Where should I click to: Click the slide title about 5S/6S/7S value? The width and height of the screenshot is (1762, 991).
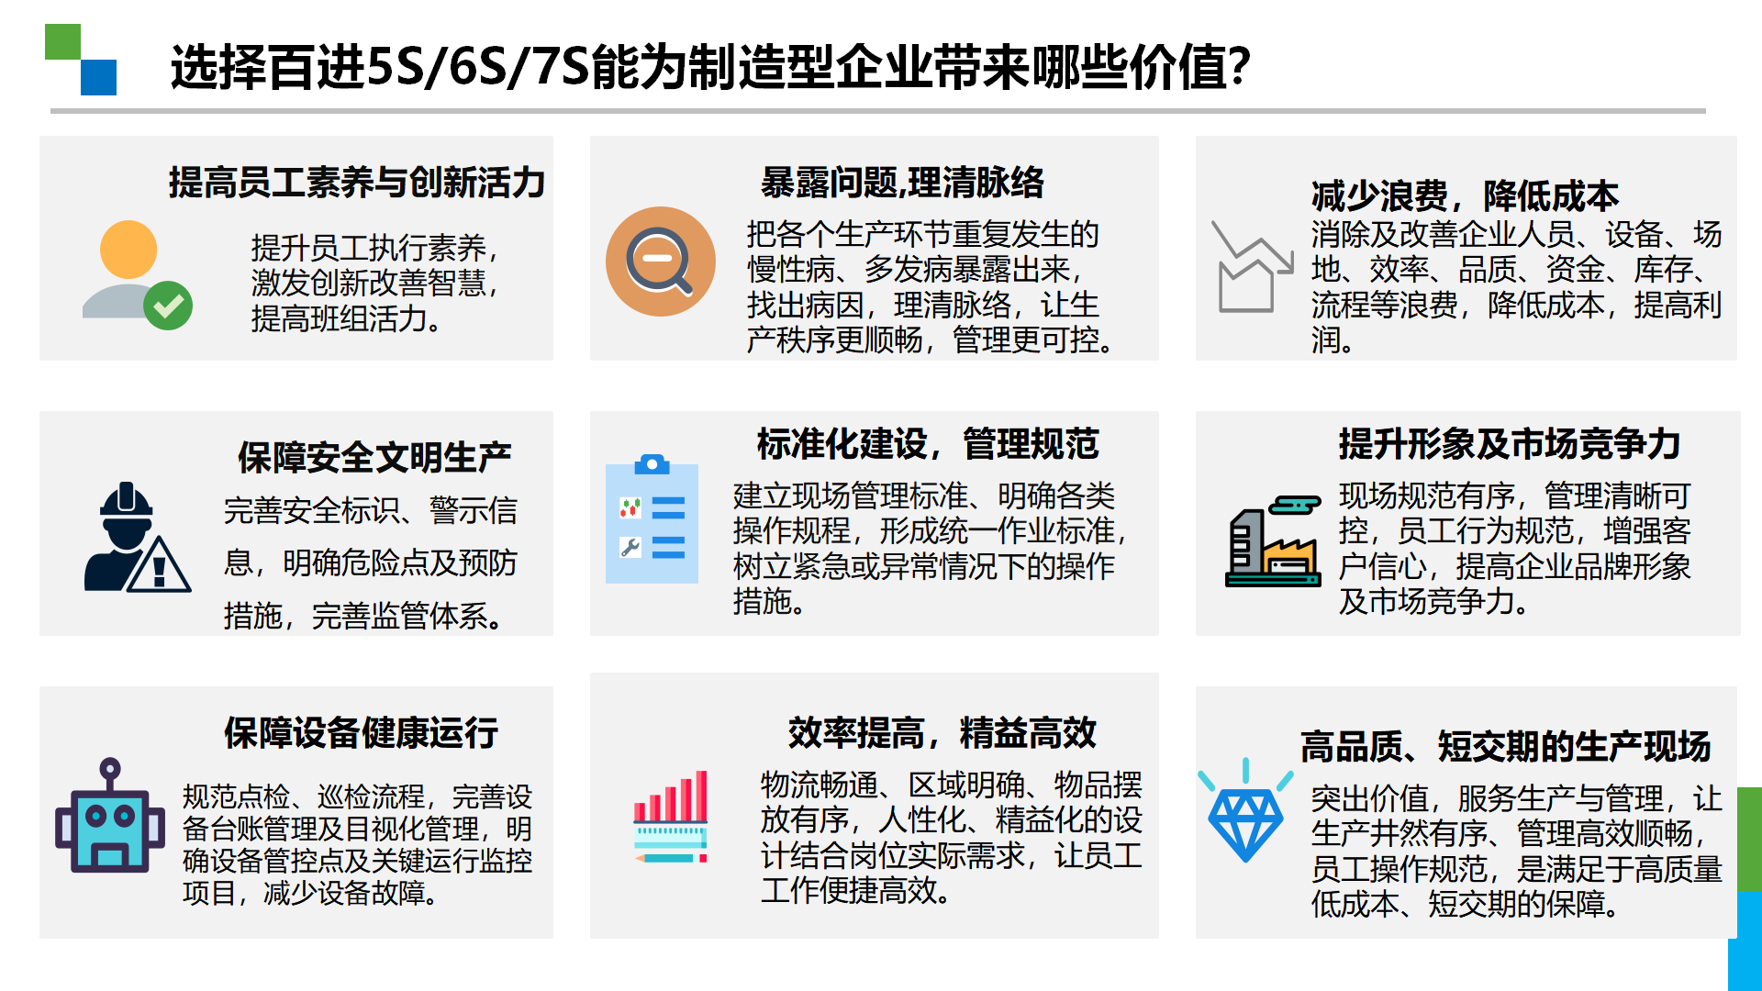(710, 67)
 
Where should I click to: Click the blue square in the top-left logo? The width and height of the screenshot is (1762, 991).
(99, 77)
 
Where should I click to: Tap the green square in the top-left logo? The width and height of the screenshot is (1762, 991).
(62, 42)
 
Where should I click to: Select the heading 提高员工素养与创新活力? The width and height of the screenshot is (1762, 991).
(357, 182)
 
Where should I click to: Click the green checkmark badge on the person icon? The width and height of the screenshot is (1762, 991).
(168, 306)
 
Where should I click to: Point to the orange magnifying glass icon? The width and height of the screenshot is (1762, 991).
(661, 262)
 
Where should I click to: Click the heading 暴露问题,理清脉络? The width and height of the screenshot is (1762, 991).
(902, 182)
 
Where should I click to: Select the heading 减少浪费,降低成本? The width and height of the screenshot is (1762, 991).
(1465, 195)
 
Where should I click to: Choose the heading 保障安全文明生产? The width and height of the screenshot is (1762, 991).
(374, 457)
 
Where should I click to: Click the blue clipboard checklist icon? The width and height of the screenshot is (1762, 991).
(652, 518)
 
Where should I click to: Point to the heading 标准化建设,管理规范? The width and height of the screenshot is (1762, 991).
(928, 443)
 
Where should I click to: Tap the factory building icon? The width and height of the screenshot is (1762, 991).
(1274, 541)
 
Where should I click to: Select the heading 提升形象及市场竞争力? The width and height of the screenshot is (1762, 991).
(1510, 443)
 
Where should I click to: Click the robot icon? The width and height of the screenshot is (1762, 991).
(110, 815)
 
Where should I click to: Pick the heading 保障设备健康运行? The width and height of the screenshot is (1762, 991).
(362, 732)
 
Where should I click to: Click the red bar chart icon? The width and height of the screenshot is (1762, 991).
(671, 817)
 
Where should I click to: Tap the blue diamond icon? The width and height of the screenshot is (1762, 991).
(1245, 811)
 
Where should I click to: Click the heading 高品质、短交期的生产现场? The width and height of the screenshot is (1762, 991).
(1506, 746)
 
